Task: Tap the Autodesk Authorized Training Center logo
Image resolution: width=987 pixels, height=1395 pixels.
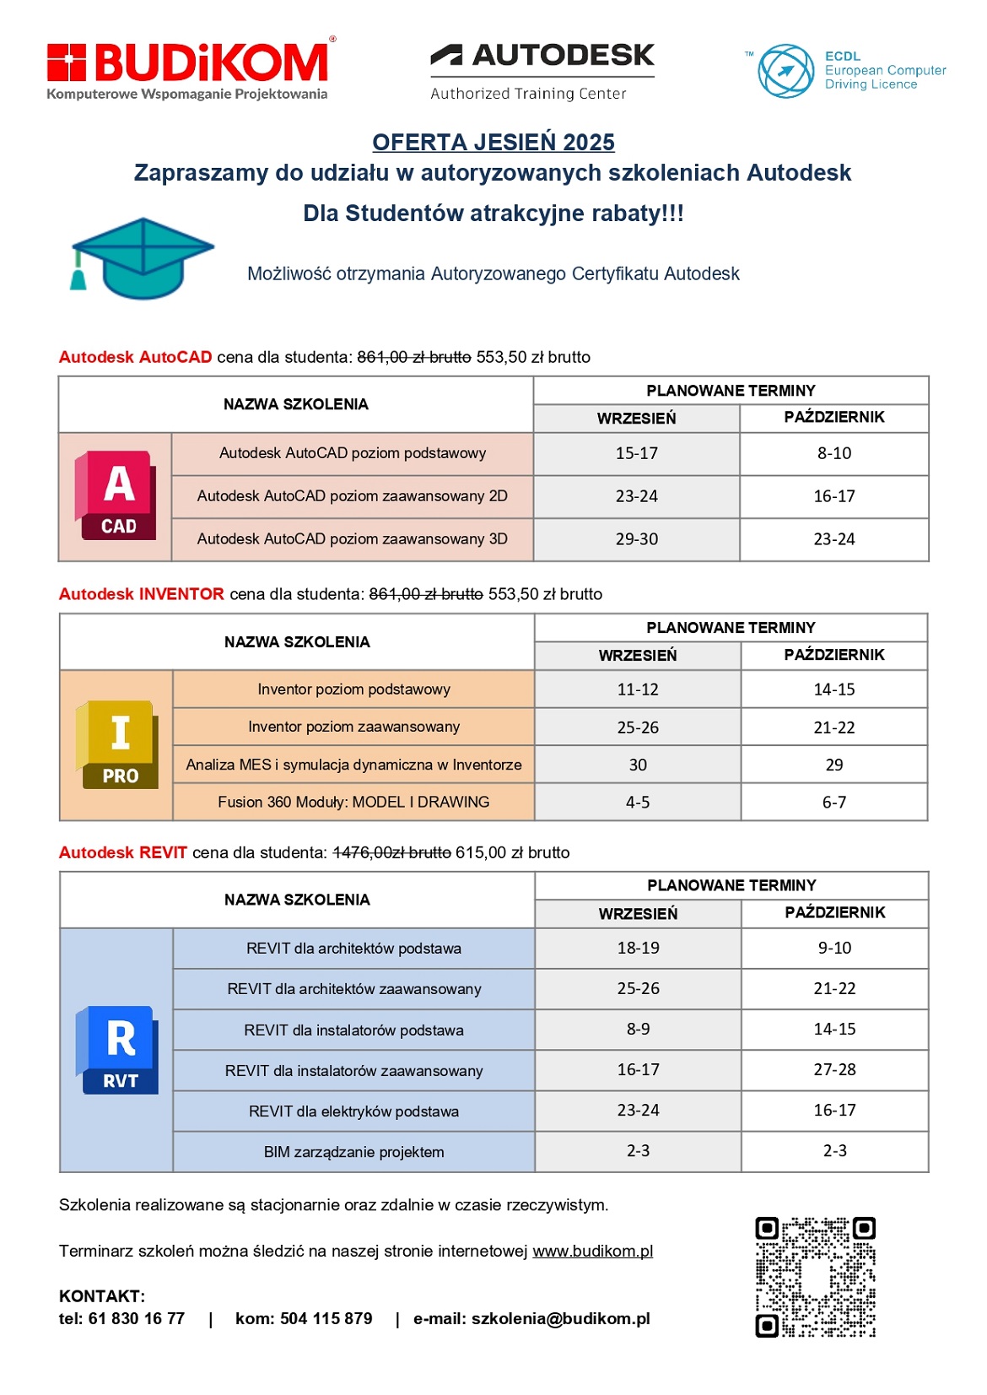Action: (x=542, y=71)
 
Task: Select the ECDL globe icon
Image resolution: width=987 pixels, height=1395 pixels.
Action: (x=785, y=71)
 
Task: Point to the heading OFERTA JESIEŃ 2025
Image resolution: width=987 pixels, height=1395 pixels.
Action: (x=493, y=142)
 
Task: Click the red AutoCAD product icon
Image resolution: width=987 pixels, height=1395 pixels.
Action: (x=116, y=495)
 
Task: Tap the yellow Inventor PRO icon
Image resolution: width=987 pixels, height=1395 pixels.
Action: (x=118, y=744)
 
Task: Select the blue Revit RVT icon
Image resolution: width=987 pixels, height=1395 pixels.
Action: (x=118, y=1049)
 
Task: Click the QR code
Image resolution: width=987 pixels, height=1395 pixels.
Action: (x=815, y=1276)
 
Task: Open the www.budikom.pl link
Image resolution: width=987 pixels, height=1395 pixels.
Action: (x=592, y=1251)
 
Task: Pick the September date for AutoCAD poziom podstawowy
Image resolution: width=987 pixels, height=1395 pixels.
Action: (x=637, y=453)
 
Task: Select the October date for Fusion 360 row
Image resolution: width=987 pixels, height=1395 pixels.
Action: (x=834, y=802)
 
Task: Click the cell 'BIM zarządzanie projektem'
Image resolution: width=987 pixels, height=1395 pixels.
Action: (x=353, y=1152)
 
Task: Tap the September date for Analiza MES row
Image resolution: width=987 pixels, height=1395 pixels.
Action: (x=638, y=765)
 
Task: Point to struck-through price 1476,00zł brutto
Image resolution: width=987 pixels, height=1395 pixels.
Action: (x=391, y=852)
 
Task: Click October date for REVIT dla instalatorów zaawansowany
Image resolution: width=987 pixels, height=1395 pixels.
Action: (x=834, y=1069)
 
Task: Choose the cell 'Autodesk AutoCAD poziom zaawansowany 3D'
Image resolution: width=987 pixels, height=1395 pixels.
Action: (x=353, y=538)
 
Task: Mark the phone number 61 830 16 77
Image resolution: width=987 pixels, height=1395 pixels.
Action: (x=137, y=1318)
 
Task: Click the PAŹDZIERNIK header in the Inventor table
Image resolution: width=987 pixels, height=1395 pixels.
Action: (x=834, y=655)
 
